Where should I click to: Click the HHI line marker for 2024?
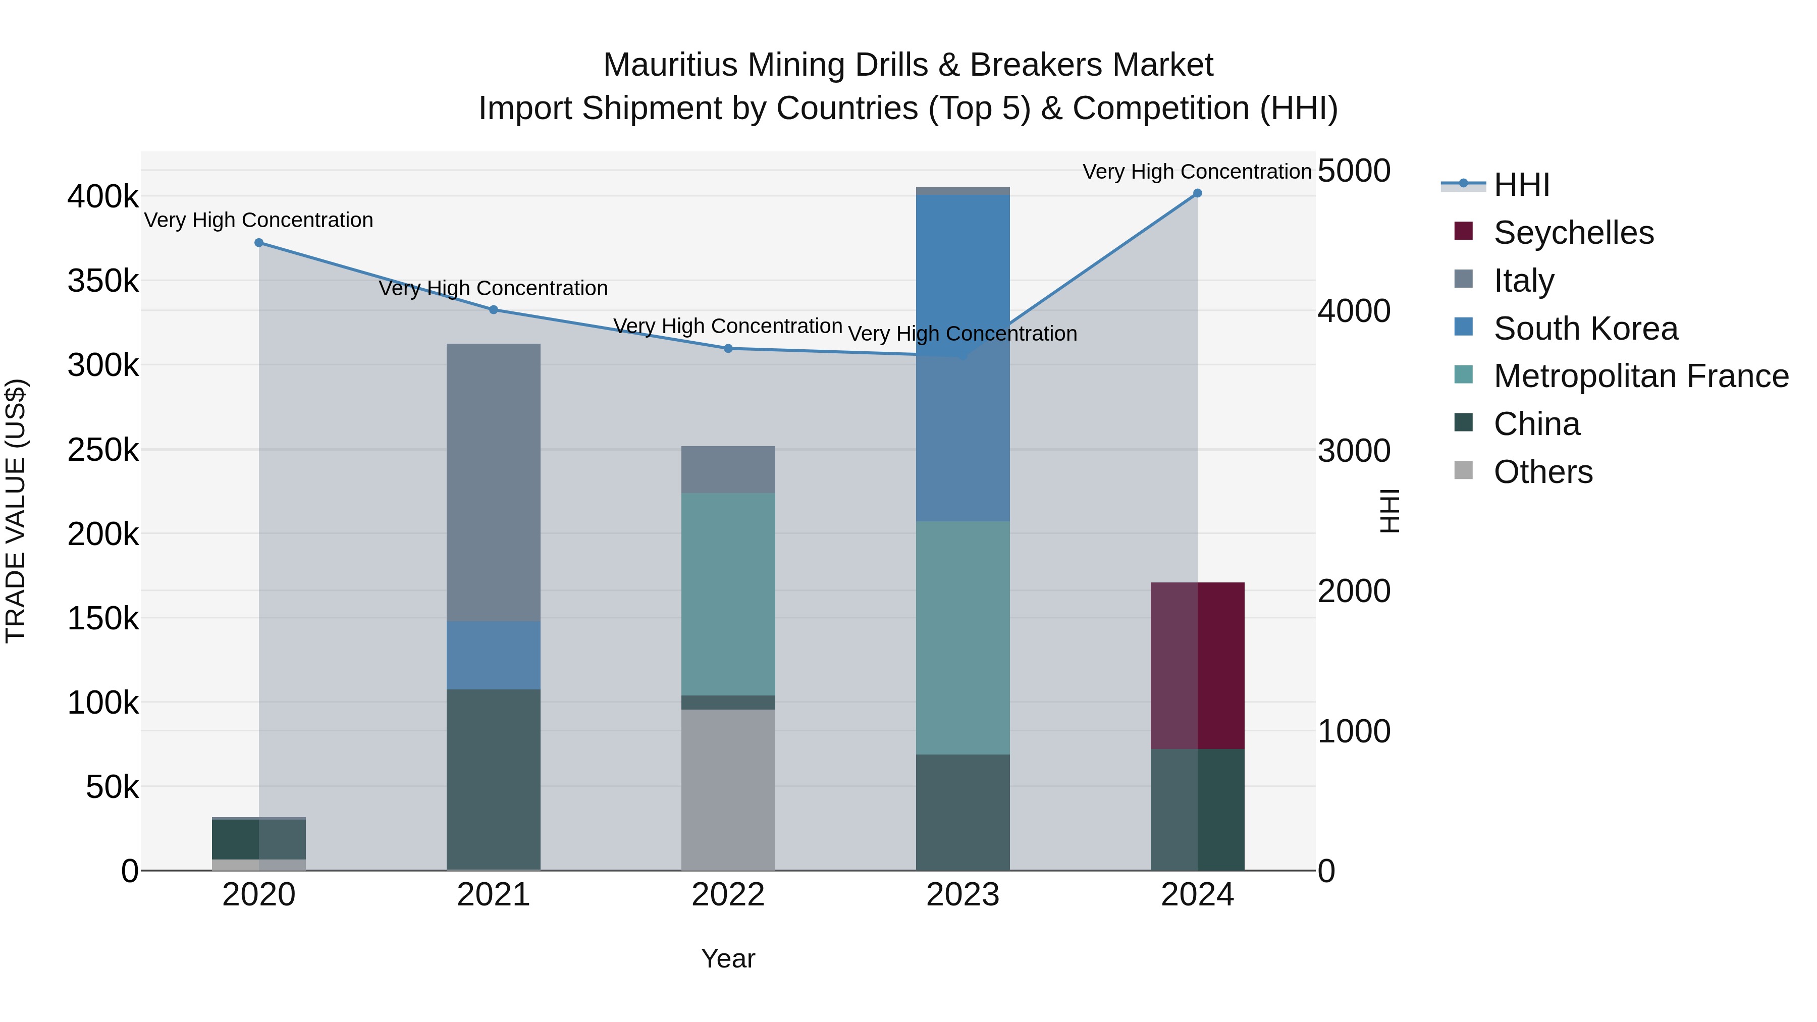point(1197,193)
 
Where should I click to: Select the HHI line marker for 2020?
point(259,243)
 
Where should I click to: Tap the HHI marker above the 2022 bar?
point(728,348)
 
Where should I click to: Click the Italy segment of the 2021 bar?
point(493,482)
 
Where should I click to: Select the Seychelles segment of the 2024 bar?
point(1197,666)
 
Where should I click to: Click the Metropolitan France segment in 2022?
point(728,594)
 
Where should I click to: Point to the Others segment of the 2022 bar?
point(728,789)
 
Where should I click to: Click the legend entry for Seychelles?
point(1573,233)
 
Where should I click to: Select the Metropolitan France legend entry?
point(1641,376)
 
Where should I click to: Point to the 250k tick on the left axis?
point(103,450)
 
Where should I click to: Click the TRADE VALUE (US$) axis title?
point(16,511)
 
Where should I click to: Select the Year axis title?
point(728,958)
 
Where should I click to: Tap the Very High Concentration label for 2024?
point(1197,172)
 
